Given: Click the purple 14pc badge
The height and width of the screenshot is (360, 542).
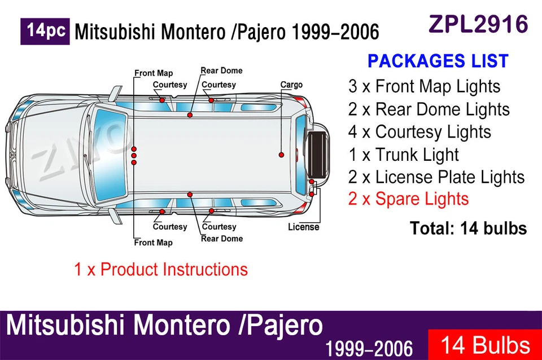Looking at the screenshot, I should (45, 31).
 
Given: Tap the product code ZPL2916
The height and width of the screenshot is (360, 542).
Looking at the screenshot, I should (478, 24).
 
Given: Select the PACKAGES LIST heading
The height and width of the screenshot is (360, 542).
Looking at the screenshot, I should (438, 61).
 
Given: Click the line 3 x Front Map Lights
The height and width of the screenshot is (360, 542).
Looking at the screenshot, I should (424, 86).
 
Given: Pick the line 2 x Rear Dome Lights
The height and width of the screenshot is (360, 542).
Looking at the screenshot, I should (429, 109).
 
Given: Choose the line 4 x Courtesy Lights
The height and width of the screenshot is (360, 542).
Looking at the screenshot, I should (419, 131).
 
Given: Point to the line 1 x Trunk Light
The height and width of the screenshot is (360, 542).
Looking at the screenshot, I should (403, 154).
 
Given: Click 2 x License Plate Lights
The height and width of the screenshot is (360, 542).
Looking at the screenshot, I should (436, 177).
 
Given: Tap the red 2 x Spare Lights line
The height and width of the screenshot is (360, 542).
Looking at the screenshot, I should (408, 199).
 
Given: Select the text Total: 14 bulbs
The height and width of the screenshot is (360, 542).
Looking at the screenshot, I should (468, 228).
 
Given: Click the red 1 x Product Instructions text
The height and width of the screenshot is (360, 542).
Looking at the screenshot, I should (161, 269).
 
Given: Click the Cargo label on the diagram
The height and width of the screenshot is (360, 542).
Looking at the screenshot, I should (291, 85).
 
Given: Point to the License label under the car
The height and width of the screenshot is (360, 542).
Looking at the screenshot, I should (303, 227).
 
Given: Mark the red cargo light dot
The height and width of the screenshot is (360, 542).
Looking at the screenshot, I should (281, 154).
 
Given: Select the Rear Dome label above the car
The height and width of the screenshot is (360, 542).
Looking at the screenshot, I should (221, 71).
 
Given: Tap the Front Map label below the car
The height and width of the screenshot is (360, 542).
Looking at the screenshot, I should (153, 243).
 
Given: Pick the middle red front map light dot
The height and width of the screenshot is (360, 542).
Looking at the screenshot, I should (134, 155).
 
